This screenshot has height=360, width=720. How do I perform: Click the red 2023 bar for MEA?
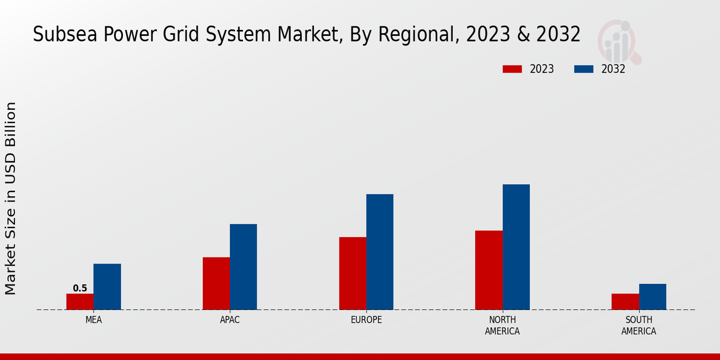(x=80, y=302)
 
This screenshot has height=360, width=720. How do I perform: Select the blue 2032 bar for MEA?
(x=107, y=287)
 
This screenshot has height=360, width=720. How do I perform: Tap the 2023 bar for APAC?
(x=216, y=283)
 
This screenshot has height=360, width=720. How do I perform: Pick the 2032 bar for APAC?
(x=243, y=267)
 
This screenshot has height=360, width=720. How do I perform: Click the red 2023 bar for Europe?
(x=352, y=274)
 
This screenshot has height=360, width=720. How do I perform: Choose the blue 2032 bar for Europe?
(x=380, y=252)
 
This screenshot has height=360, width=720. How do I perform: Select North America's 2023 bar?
(x=488, y=270)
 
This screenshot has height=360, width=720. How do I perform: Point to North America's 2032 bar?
(x=516, y=247)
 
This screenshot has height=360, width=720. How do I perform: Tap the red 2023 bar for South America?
(x=625, y=302)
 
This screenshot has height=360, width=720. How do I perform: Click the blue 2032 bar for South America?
(x=652, y=297)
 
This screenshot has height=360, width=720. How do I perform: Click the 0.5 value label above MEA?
(x=80, y=289)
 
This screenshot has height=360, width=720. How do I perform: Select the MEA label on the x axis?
(x=94, y=320)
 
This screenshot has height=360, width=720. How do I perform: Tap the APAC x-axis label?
(x=230, y=320)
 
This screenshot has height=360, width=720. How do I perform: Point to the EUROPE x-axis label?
(x=366, y=320)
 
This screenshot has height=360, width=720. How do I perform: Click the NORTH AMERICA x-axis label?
(x=503, y=326)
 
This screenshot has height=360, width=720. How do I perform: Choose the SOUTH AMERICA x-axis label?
(x=638, y=326)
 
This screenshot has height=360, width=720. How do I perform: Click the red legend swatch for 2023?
(x=512, y=69)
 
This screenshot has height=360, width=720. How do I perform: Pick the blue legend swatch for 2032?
(x=583, y=69)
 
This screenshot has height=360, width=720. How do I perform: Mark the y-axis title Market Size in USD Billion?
(x=11, y=198)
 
